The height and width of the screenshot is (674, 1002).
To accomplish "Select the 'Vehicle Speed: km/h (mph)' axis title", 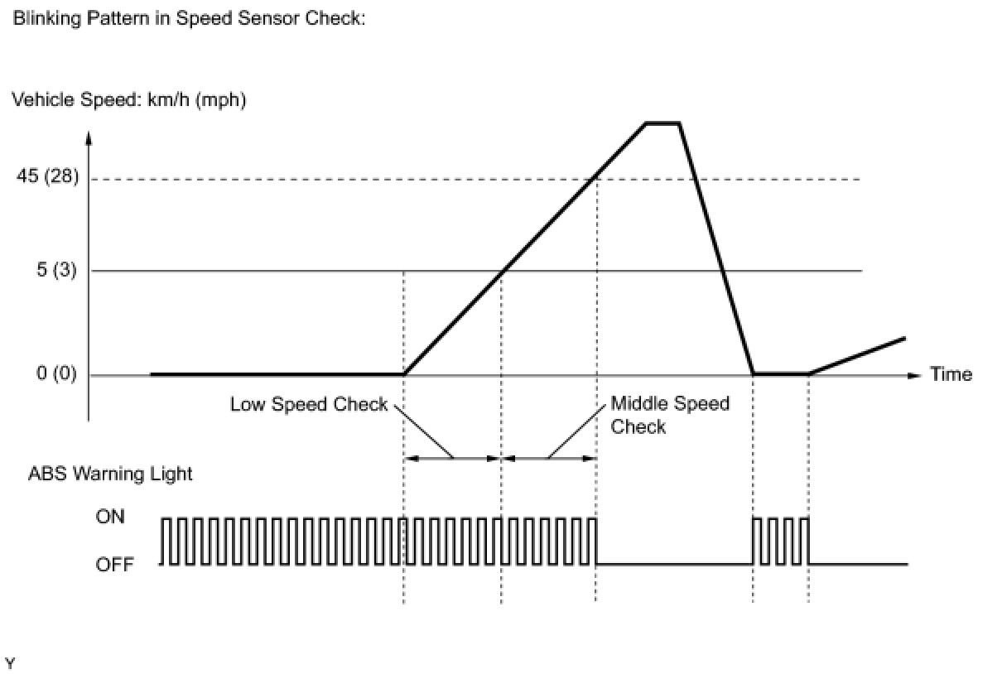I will [128, 100].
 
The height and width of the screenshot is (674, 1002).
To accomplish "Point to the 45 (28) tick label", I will [46, 179].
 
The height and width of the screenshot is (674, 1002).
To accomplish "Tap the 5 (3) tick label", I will [56, 271].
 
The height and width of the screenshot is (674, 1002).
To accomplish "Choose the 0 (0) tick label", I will [56, 374].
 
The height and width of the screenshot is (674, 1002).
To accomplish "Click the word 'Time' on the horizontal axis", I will [951, 374].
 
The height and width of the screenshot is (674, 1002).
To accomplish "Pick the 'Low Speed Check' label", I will [309, 404].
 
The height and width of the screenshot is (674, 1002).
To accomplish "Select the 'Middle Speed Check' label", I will [669, 414].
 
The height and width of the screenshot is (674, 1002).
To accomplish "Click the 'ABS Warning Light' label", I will [110, 474].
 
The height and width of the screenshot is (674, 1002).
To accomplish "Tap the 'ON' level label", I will [110, 516].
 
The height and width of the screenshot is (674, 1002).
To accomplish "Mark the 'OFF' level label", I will [114, 565].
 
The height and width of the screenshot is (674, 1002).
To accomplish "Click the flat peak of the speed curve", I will [662, 123].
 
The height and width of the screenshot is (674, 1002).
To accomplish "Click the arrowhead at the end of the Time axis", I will [914, 375].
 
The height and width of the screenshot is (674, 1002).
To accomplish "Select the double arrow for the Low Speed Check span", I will [452, 457].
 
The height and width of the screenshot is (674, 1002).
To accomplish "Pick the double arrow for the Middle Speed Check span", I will [549, 457].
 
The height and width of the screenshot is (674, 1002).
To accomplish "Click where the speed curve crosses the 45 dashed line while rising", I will [595, 179].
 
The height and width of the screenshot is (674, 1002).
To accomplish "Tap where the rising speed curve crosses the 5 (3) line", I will [502, 271].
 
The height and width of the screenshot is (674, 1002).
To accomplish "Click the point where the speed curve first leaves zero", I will [404, 374].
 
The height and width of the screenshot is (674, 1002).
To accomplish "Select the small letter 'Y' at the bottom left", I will [10, 663].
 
